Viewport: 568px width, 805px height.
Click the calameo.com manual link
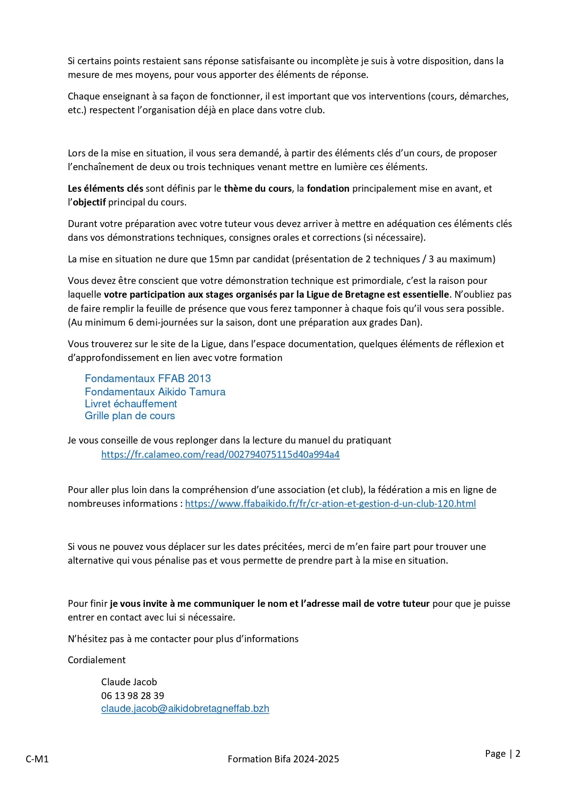(x=220, y=455)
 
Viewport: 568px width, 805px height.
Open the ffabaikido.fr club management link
(x=330, y=504)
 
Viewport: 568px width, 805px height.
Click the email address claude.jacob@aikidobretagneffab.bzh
(x=185, y=709)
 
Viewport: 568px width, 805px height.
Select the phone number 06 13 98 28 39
(x=132, y=695)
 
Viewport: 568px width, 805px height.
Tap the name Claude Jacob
(x=129, y=682)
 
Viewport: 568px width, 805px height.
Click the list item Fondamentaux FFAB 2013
(x=147, y=379)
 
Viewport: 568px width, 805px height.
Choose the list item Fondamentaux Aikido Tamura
(x=155, y=392)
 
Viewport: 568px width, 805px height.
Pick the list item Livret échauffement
(x=131, y=404)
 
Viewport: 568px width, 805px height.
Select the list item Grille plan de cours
(x=130, y=416)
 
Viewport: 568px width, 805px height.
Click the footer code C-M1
(x=37, y=759)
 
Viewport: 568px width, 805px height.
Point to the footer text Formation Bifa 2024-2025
(x=283, y=759)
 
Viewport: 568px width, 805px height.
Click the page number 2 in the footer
(x=518, y=754)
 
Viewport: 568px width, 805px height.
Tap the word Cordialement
(x=97, y=660)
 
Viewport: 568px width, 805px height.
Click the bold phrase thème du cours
(x=257, y=189)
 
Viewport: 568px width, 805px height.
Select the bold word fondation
(x=328, y=189)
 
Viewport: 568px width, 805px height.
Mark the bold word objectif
(x=89, y=202)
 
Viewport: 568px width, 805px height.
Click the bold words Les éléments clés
(x=105, y=189)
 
